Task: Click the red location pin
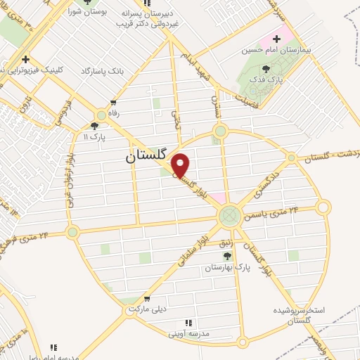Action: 181,166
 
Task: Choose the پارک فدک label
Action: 269,81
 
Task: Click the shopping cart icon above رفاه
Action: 113,103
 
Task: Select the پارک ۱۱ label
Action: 97,136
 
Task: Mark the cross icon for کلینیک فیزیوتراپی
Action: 25,60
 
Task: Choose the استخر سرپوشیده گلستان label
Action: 297,314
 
